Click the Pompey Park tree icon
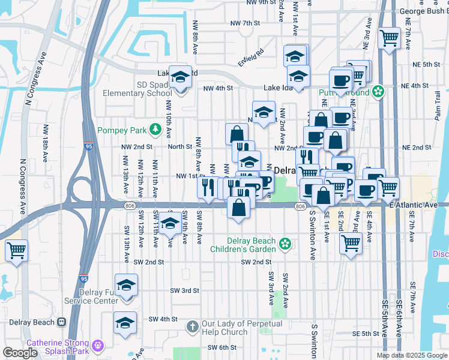tap(155, 130)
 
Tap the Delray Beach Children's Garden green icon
tap(285, 244)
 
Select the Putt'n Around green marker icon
tap(378, 91)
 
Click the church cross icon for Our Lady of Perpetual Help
tap(193, 327)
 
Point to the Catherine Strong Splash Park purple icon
tap(98, 346)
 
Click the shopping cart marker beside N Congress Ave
tap(16, 250)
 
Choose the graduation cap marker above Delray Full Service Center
tap(127, 285)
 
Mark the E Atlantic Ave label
tap(414, 205)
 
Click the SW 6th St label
tap(223, 347)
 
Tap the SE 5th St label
tap(366, 334)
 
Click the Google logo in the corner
tap(20, 353)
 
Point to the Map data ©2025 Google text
tap(411, 355)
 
